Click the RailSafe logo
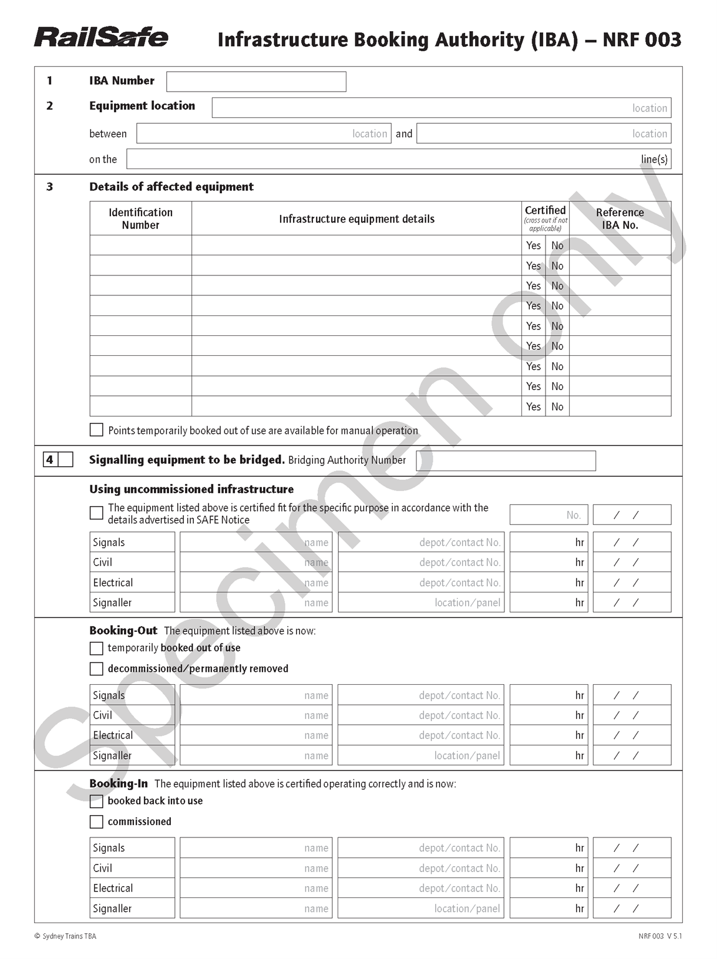click(101, 37)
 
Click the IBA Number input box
click(256, 82)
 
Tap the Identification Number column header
click(140, 218)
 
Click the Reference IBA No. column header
click(620, 218)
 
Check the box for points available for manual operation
click(96, 430)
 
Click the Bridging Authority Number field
click(506, 460)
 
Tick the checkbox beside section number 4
click(66, 460)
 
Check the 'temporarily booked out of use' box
click(96, 648)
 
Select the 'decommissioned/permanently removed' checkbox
click(96, 669)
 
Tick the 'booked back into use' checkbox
click(96, 801)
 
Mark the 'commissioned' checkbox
click(96, 822)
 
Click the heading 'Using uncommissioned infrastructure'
click(191, 489)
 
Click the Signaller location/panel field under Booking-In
click(421, 908)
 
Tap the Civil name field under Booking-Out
click(256, 715)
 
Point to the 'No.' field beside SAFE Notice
click(548, 515)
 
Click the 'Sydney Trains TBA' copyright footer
click(65, 936)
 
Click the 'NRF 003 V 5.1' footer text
click(660, 936)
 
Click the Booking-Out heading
click(123, 631)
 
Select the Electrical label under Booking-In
click(113, 889)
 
